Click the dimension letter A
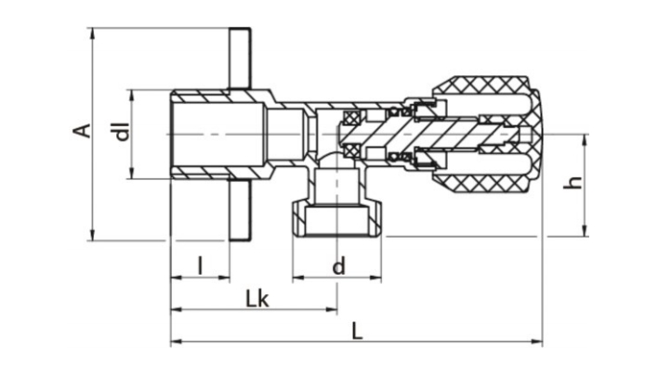click(83, 130)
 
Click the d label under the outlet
click(338, 267)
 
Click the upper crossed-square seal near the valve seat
click(352, 118)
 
